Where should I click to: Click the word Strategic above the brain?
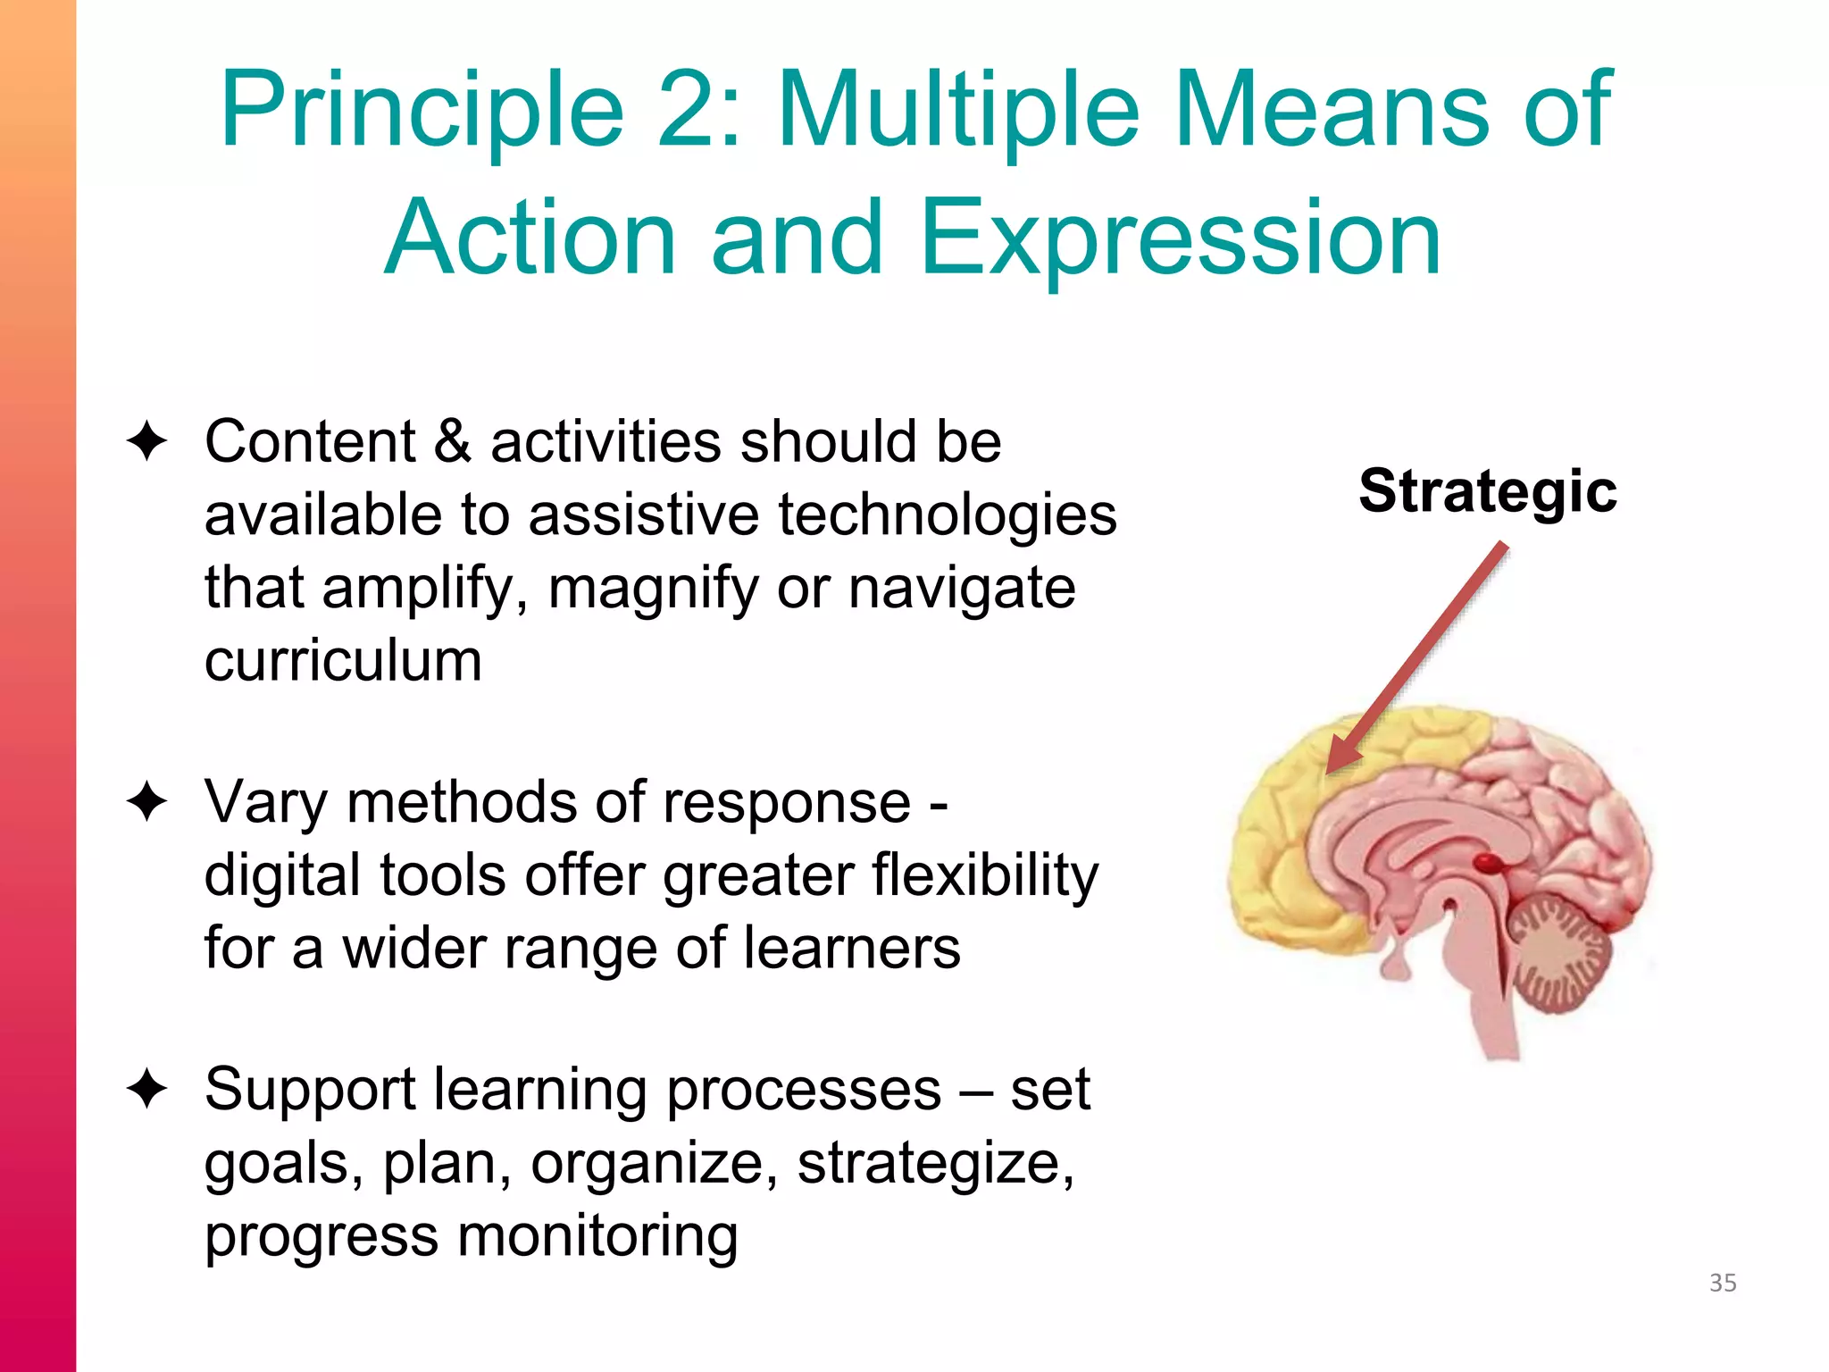1487,491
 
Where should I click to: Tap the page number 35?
1723,1283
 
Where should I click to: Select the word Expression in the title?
1181,238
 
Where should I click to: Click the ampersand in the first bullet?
453,441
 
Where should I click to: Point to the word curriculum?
343,661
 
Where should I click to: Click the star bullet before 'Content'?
147,442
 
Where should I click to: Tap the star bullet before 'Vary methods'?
147,801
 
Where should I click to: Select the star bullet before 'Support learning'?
147,1089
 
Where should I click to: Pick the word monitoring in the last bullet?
597,1236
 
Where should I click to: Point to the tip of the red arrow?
1331,770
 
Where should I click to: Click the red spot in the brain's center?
1487,863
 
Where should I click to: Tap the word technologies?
948,515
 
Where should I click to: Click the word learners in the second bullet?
852,948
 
